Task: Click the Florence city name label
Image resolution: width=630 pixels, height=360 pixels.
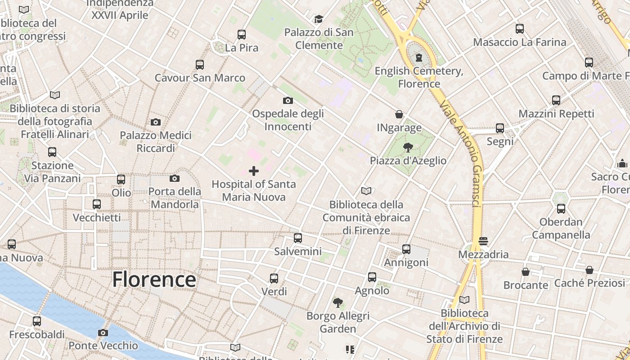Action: [154, 279]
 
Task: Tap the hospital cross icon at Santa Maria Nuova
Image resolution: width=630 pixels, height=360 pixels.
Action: [254, 171]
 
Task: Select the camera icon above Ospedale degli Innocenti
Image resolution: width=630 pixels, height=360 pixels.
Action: [288, 100]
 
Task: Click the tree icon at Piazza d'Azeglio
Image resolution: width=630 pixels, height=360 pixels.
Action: [408, 147]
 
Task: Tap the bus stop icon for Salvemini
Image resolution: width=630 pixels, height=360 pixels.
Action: [297, 238]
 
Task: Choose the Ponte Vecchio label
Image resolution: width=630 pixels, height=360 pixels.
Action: [103, 346]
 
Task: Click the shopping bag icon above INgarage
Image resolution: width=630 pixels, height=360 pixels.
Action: [399, 114]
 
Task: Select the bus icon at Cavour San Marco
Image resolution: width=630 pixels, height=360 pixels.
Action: [200, 64]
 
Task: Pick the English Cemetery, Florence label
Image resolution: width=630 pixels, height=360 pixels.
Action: [419, 77]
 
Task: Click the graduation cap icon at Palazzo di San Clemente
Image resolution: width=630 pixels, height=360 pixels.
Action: [319, 19]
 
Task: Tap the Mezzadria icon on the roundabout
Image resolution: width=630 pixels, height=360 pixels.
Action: [483, 241]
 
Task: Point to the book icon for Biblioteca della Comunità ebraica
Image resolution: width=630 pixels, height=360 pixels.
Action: [367, 191]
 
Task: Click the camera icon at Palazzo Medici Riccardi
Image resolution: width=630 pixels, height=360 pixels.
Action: [156, 122]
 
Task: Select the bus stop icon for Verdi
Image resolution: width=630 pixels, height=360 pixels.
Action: [274, 278]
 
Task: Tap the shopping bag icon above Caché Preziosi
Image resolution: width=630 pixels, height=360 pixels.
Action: [589, 270]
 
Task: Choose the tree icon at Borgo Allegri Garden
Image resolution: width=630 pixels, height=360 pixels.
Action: [337, 302]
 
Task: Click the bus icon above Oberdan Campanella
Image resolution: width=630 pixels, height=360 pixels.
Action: [561, 208]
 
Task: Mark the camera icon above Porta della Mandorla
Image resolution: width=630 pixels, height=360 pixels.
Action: [175, 178]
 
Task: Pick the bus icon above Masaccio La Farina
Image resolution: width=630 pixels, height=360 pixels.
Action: [520, 29]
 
